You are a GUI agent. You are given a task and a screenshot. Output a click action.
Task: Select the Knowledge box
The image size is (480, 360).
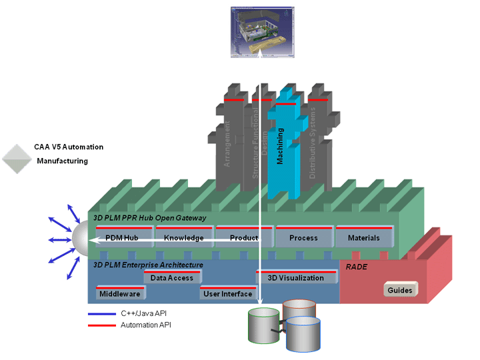184,238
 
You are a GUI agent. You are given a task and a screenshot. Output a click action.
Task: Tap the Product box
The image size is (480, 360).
244,238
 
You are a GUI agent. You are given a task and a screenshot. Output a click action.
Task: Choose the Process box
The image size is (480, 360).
303,238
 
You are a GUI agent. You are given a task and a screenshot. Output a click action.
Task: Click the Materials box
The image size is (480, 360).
363,238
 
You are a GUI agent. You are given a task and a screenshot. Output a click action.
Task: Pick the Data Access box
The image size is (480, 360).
172,278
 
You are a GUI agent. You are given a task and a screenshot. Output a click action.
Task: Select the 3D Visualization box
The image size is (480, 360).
295,278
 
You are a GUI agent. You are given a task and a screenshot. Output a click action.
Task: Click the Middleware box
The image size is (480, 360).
120,293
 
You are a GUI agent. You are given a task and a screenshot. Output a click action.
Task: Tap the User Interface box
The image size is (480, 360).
228,293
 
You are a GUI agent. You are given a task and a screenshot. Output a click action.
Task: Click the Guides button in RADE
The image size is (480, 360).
400,290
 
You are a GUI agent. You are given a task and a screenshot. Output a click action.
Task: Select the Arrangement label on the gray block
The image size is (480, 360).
228,143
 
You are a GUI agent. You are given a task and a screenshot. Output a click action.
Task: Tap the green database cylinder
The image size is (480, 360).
261,325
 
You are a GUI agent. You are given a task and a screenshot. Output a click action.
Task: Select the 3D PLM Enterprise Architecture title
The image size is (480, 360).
148,265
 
